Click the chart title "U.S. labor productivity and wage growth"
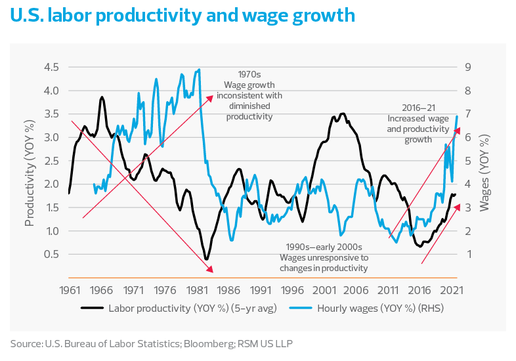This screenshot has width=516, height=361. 183,16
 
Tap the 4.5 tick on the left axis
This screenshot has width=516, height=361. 51,67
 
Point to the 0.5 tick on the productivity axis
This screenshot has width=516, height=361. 51,254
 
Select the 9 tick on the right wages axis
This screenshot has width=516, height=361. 468,67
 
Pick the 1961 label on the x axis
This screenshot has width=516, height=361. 70,290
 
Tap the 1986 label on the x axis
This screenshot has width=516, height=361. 228,290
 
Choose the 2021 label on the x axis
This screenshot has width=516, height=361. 452,290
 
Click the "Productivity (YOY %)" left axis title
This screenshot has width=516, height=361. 30,173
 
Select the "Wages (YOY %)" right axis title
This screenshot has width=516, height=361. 484,173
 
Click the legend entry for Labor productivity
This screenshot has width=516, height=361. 179,308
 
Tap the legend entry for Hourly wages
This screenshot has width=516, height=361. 366,308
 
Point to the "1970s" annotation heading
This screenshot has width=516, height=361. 249,74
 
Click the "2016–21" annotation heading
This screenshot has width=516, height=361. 418,108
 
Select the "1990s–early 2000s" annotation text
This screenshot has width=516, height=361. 324,247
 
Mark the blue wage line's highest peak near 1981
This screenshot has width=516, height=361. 199,70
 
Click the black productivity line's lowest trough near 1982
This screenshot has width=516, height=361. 206,259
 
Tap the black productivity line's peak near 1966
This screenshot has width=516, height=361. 102,97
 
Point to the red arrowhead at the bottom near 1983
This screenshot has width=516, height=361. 210,269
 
